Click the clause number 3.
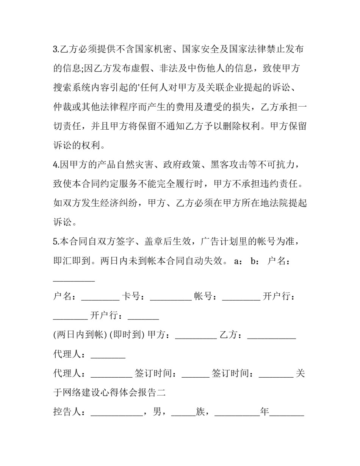tap(55, 49)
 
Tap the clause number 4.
tap(55, 165)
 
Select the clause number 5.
tap(55, 242)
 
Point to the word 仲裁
tap(62, 107)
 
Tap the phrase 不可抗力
tap(280, 165)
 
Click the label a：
tap(239, 261)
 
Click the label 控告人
tap(67, 412)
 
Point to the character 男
tap(157, 412)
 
